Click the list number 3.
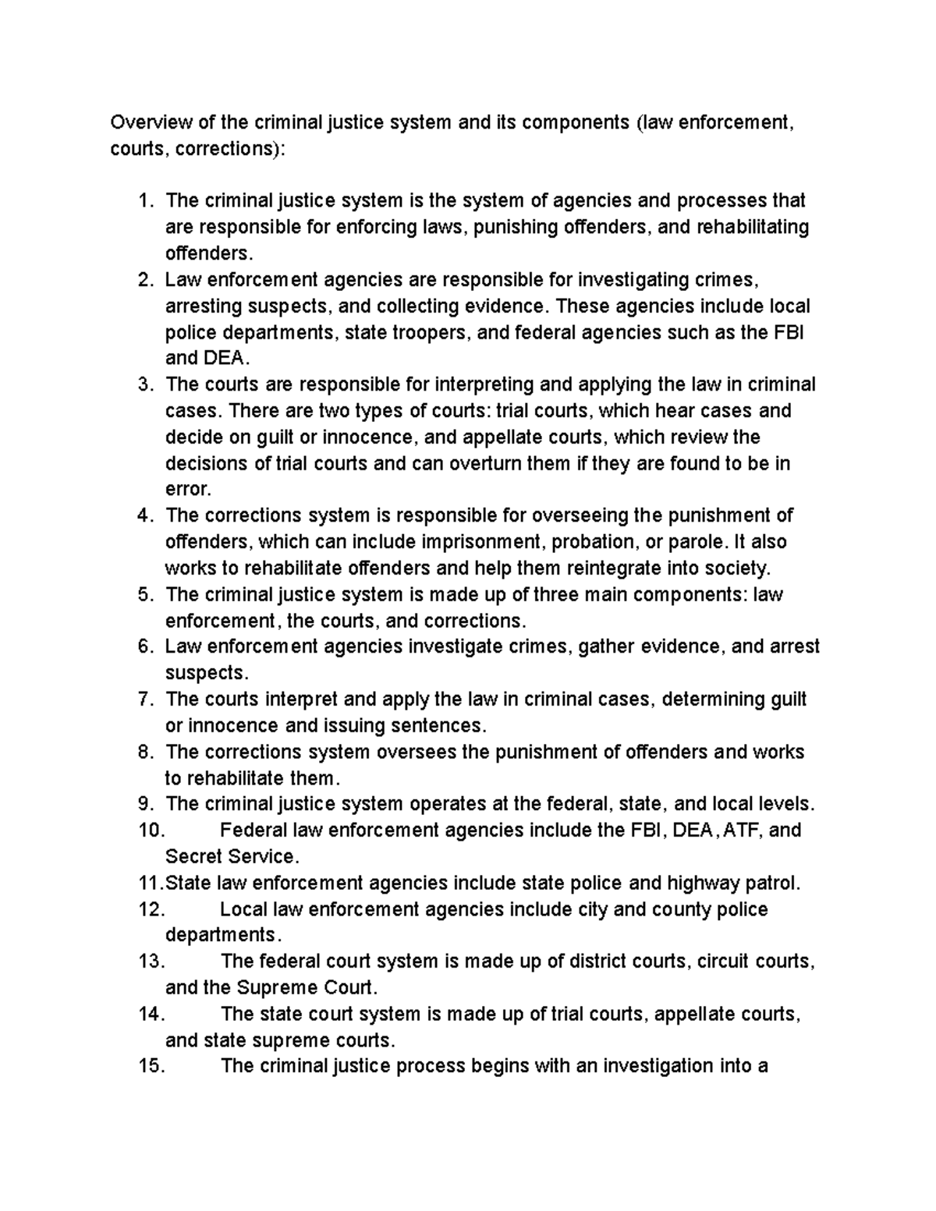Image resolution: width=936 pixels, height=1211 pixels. click(x=143, y=384)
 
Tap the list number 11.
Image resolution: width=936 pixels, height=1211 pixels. click(x=147, y=883)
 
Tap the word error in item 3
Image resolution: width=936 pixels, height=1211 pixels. click(x=187, y=490)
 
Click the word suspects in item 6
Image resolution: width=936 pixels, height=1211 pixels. click(x=204, y=673)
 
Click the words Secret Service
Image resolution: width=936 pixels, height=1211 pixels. click(x=232, y=857)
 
